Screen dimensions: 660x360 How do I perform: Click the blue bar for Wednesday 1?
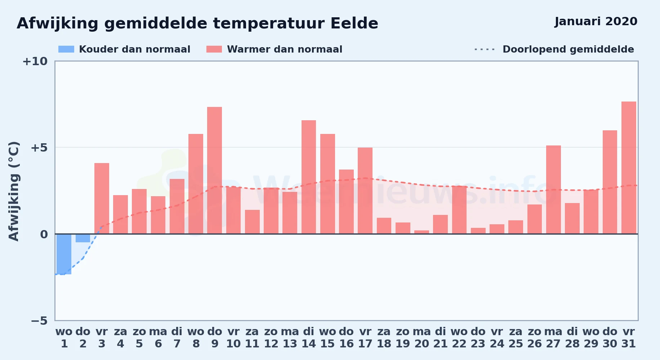tap(64, 254)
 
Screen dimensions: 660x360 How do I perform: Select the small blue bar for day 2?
tap(83, 238)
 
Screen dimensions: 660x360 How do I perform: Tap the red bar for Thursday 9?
tap(215, 170)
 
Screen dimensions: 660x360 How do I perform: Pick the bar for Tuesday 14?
tap(309, 177)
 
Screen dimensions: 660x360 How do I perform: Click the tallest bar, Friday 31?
tap(629, 168)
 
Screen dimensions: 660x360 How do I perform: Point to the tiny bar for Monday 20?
tap(422, 232)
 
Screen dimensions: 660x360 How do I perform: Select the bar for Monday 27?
tap(553, 190)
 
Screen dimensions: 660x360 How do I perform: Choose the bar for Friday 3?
tap(102, 198)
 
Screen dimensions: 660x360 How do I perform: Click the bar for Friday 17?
tap(365, 191)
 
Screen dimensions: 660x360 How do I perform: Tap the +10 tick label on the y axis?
tap(35, 61)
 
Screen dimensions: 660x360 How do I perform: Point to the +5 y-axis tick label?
tap(39, 148)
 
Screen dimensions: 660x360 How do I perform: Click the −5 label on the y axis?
tap(39, 320)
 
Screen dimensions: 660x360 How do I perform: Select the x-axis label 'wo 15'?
tap(327, 337)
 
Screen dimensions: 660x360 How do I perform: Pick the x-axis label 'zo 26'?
tap(535, 337)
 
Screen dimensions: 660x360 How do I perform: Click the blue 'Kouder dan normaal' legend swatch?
tap(66, 49)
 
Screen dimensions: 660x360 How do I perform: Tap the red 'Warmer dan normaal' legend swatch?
tap(214, 49)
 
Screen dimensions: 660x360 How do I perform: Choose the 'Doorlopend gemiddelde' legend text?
tap(568, 49)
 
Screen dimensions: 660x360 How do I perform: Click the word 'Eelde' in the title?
tap(354, 23)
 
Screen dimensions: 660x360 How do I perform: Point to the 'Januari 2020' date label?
tap(596, 22)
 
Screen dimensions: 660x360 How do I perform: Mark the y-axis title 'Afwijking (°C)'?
tap(14, 191)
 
